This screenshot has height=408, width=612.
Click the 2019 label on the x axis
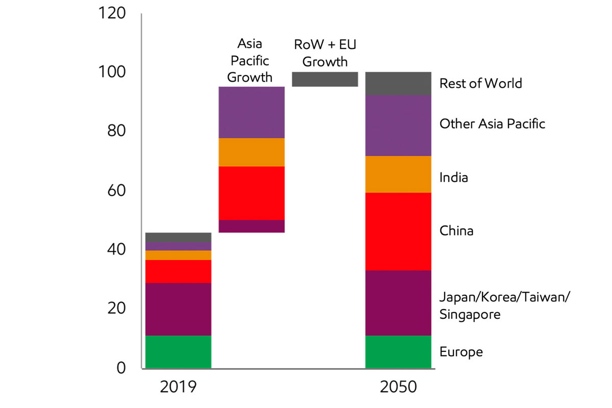tap(178, 387)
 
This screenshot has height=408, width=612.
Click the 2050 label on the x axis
tap(398, 387)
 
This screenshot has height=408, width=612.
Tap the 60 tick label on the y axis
tap(115, 191)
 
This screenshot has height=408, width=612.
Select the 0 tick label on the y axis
tap(120, 368)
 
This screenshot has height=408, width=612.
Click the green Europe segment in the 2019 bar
tap(178, 351)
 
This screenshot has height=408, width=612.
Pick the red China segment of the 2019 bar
tap(178, 271)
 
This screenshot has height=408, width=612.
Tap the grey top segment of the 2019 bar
tap(178, 237)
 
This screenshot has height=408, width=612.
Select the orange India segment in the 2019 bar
tap(178, 255)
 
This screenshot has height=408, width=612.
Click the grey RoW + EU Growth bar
tap(325, 79)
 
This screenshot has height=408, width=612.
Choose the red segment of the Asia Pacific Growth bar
tap(251, 193)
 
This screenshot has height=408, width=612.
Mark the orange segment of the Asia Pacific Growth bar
tap(251, 152)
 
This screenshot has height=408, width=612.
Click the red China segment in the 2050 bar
tap(398, 231)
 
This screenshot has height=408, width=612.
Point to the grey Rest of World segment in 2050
tap(398, 83)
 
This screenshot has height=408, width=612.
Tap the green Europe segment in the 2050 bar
tap(398, 351)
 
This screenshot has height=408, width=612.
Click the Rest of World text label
tap(480, 83)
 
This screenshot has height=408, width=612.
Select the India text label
tap(453, 177)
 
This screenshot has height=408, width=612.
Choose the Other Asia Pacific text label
tap(492, 123)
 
